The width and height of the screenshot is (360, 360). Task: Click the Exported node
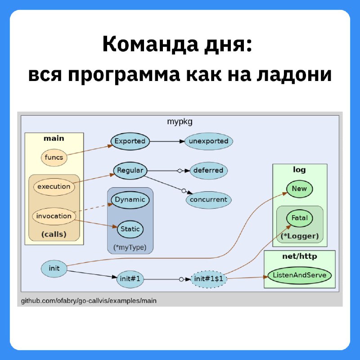130,141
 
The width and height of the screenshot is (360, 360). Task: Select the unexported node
208,141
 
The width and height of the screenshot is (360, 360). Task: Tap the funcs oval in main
54,157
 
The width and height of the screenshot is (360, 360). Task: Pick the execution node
54,186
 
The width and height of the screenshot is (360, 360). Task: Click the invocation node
54,216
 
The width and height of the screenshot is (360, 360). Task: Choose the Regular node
130,171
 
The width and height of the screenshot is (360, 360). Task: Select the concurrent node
208,200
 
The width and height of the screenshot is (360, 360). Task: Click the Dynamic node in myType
130,200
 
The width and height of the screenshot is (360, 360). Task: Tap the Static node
130,229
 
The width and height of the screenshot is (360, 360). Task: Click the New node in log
299,189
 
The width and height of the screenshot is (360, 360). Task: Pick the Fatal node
300,218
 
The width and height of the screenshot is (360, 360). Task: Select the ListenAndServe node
300,275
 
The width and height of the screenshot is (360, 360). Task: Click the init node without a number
54,269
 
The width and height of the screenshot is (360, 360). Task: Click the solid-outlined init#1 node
130,279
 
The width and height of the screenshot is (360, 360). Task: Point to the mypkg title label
180,121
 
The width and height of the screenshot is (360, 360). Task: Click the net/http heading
299,256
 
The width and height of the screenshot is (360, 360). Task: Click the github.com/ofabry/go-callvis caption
89,301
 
